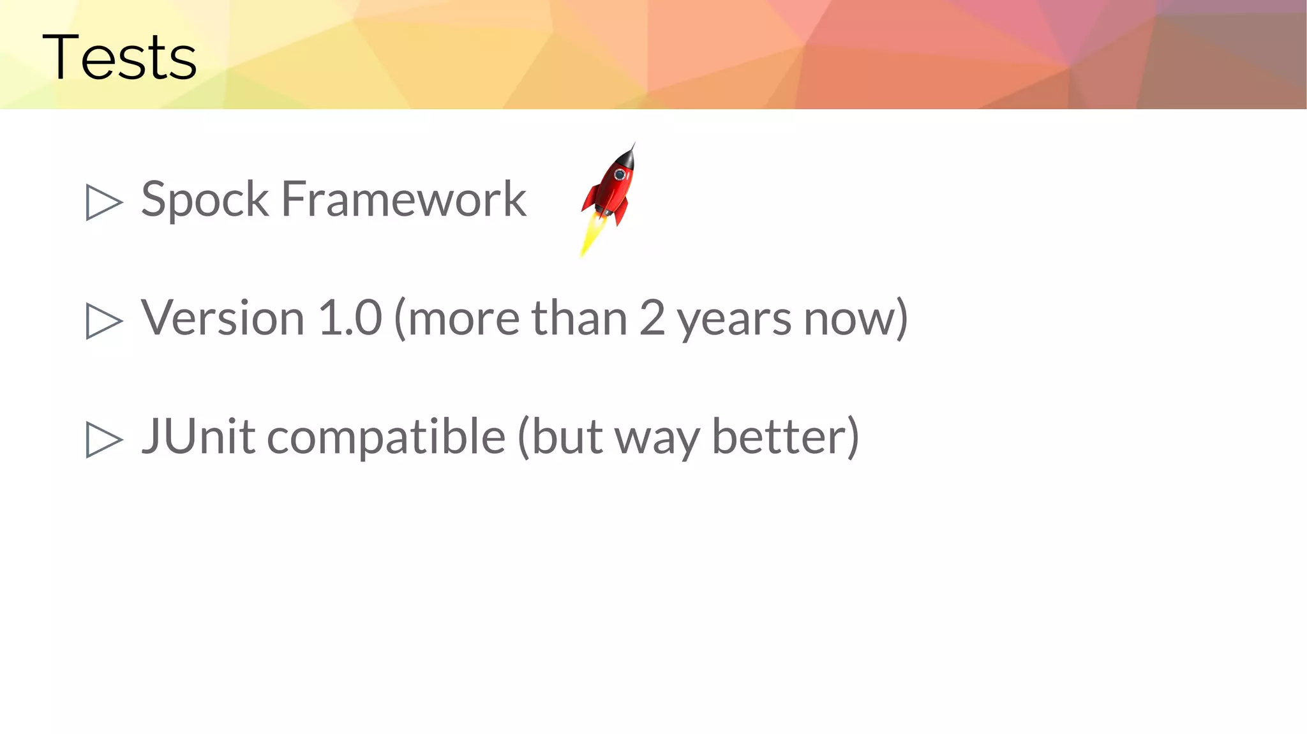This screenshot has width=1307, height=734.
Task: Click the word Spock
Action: pos(204,199)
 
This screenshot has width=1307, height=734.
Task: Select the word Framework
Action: pos(403,199)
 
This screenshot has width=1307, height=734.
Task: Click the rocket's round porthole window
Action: pos(619,174)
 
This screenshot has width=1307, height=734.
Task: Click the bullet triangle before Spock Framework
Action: pos(103,202)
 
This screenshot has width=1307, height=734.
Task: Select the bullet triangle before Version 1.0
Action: pos(103,320)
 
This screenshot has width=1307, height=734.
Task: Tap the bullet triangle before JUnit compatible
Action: pos(103,439)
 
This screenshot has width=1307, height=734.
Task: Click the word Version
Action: pos(222,318)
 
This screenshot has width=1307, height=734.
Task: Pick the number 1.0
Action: pos(350,318)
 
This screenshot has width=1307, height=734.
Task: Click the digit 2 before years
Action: pos(652,318)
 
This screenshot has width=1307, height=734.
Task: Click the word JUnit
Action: pos(198,437)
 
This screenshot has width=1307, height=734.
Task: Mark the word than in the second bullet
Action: pos(579,318)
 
